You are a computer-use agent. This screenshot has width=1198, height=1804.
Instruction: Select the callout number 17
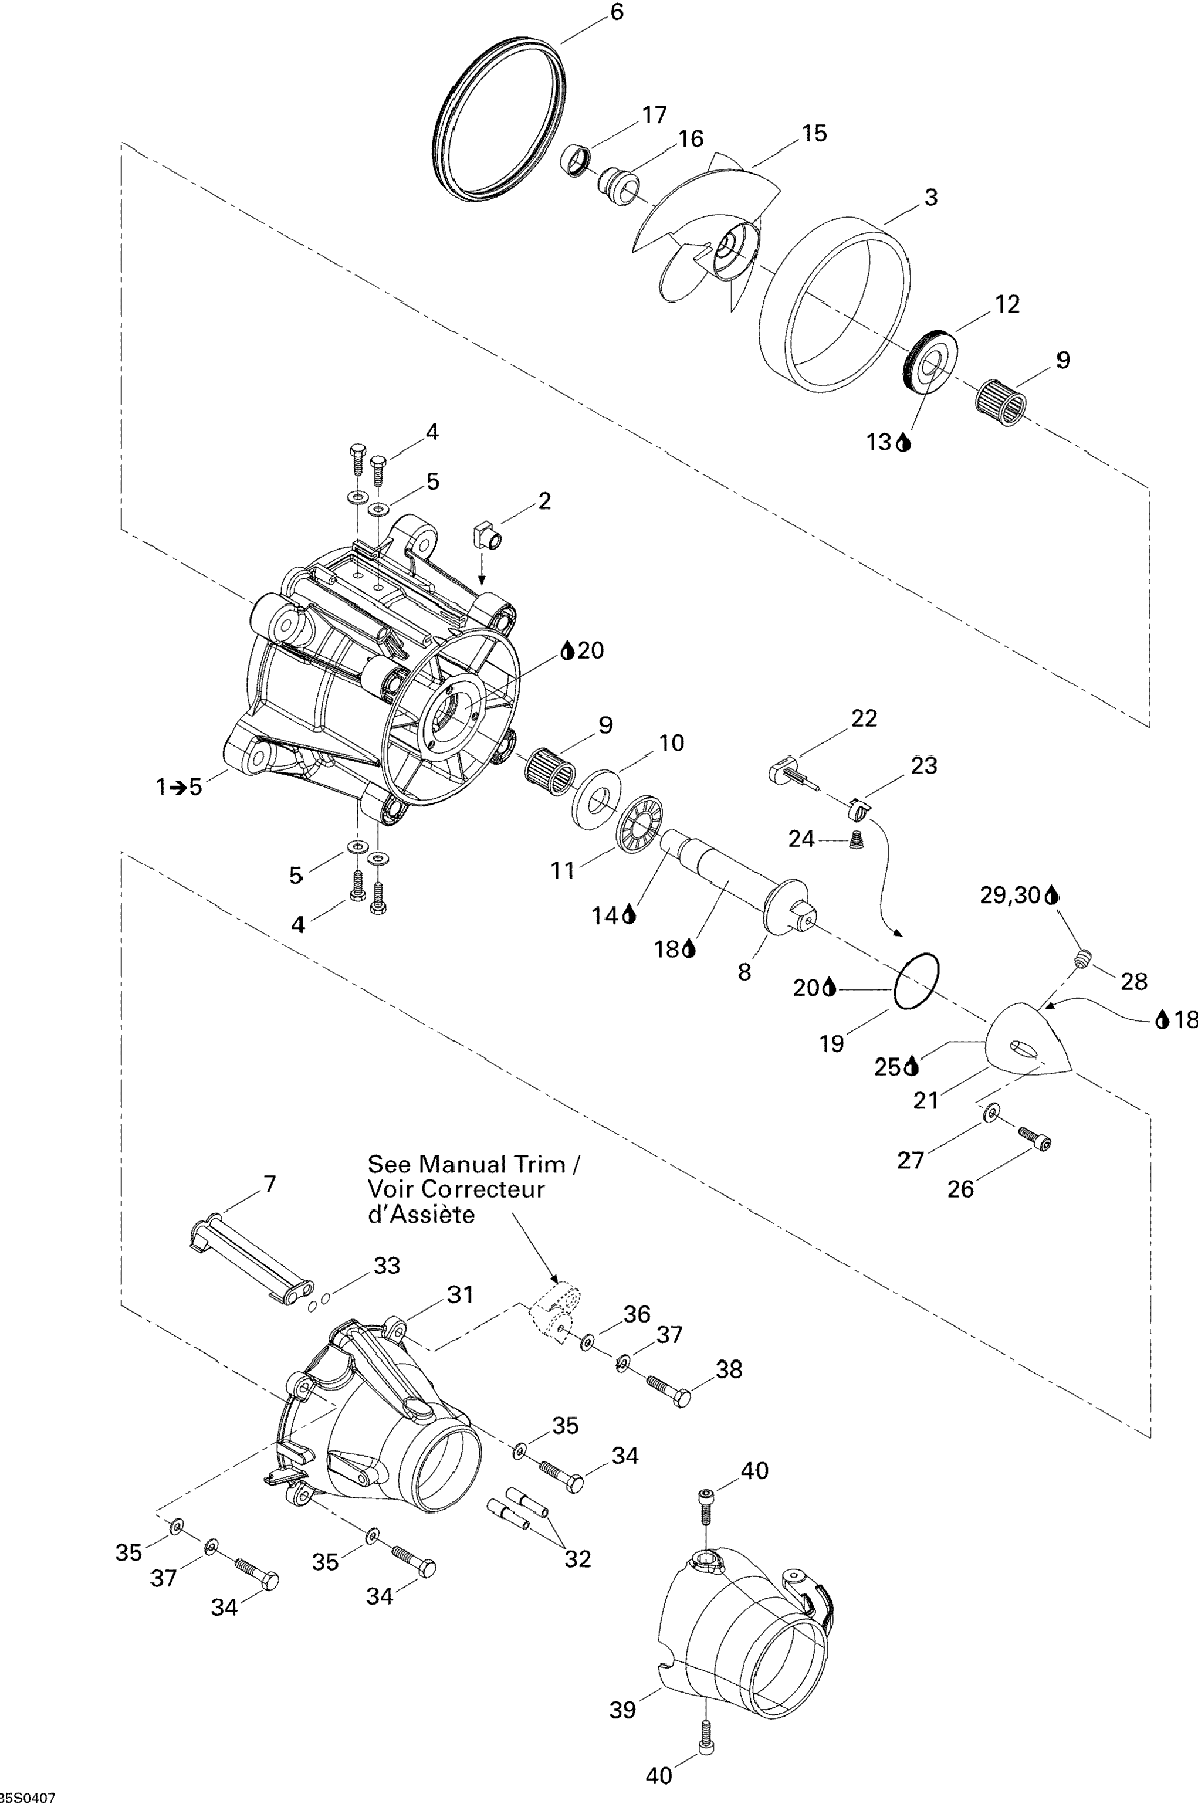[x=655, y=116]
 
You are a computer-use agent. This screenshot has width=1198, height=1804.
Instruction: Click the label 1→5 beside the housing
[x=179, y=786]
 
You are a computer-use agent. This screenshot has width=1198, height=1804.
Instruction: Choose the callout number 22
[x=864, y=718]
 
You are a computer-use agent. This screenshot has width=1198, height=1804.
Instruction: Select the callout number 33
[x=387, y=1266]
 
